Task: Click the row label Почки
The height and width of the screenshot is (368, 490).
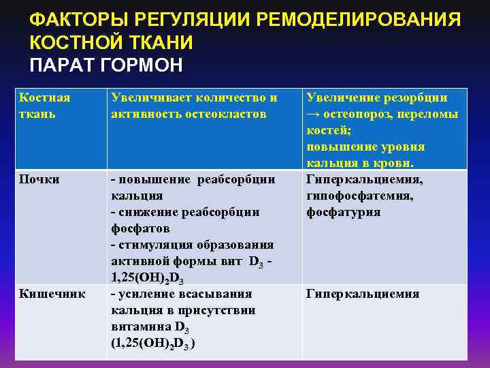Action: pos(39,179)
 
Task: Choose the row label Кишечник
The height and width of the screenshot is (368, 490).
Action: pos(52,294)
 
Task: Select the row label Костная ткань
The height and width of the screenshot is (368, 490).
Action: pos(44,106)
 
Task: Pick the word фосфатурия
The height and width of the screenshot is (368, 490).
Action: pos(343,212)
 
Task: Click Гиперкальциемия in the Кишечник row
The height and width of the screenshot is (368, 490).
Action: pos(362,294)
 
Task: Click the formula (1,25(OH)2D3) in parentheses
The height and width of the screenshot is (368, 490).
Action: pos(154,343)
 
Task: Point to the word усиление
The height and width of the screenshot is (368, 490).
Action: pos(147,294)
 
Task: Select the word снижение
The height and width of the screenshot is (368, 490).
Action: pos(147,212)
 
